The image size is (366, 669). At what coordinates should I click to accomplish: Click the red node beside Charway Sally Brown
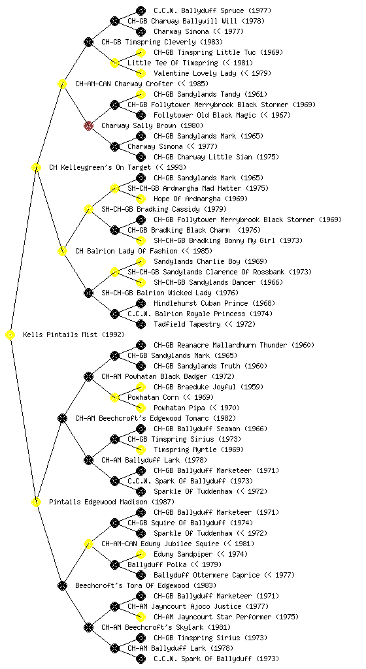(x=88, y=125)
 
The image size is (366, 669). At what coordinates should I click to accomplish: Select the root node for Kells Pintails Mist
(x=10, y=334)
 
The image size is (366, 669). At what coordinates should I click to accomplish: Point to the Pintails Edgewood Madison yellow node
(x=36, y=502)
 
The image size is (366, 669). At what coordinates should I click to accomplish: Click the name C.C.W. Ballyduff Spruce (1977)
(x=212, y=10)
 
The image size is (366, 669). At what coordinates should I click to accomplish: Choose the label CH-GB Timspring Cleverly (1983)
(x=162, y=42)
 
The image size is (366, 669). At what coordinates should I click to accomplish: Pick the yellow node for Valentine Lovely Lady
(x=141, y=73)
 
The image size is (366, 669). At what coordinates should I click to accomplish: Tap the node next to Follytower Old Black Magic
(x=141, y=115)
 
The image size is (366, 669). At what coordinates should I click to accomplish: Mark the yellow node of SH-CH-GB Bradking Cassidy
(x=88, y=209)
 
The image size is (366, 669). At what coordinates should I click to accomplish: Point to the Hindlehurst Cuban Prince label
(x=201, y=303)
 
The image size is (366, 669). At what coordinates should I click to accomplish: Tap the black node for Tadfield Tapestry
(x=141, y=324)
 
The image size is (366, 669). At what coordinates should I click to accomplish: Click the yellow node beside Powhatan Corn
(x=114, y=397)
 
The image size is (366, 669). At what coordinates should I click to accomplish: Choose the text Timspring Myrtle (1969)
(x=199, y=449)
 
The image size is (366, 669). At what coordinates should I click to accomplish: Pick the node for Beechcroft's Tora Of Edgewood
(x=62, y=585)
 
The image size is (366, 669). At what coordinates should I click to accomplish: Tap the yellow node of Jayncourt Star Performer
(x=141, y=617)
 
